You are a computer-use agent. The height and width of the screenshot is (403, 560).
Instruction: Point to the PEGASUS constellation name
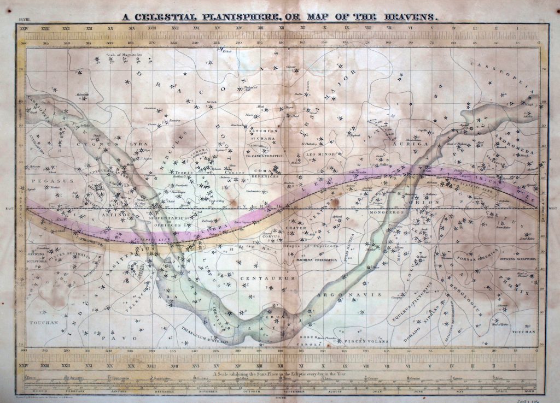pyautogui.click(x=48, y=179)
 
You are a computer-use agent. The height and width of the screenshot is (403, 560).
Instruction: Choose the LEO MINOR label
pyautogui.click(x=322, y=154)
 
